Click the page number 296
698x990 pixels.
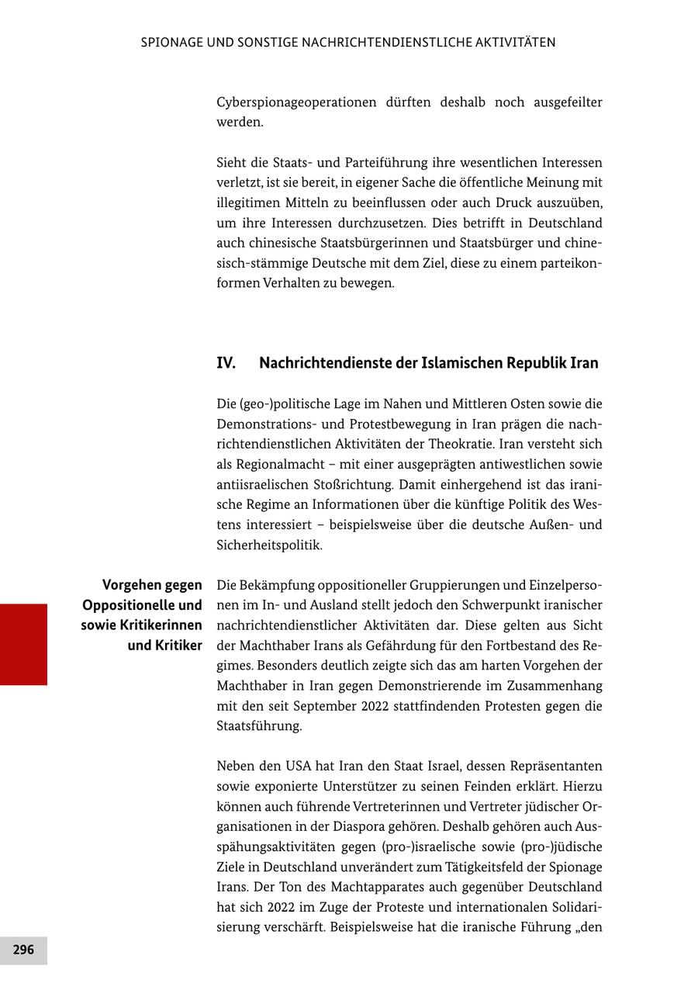coord(23,950)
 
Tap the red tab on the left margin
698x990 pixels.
coord(23,644)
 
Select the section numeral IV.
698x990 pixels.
coord(226,363)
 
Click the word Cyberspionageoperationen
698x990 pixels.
coord(296,102)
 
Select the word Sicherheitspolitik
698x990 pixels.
coord(268,545)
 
